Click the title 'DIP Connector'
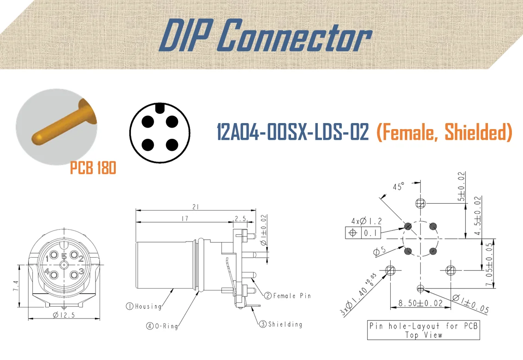tap(265, 35)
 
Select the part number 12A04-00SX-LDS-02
tap(293, 133)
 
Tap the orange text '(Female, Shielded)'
tap(444, 133)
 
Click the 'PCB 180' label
tap(93, 168)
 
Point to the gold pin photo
tap(58, 123)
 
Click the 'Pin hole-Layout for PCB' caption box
tap(423, 330)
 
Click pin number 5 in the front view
tap(64, 256)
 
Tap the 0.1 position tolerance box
tap(370, 233)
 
